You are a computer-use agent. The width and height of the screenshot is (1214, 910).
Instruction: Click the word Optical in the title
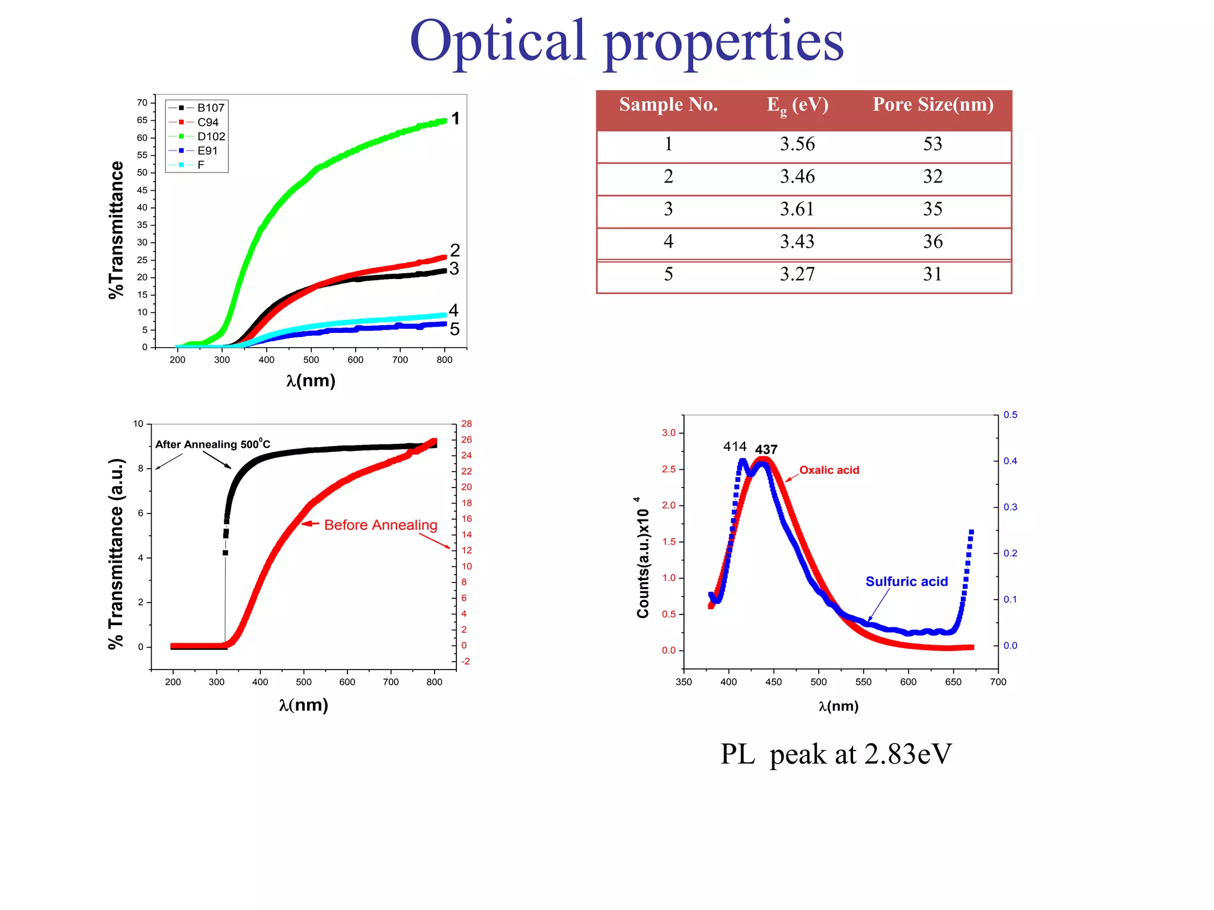click(498, 41)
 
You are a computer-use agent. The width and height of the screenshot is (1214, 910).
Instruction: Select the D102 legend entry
click(210, 136)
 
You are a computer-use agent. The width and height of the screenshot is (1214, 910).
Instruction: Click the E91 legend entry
click(207, 150)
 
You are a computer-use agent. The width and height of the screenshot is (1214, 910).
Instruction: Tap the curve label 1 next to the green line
click(455, 118)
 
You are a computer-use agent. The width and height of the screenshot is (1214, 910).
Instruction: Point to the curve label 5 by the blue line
click(455, 329)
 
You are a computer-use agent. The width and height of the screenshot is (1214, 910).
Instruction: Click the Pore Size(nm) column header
click(933, 105)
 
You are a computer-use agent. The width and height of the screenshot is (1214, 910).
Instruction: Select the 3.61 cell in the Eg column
click(797, 209)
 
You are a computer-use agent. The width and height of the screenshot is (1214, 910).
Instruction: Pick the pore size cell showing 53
click(932, 144)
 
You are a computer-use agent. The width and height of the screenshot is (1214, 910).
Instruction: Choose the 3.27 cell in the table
click(797, 274)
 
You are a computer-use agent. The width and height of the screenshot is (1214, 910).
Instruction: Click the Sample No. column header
click(669, 105)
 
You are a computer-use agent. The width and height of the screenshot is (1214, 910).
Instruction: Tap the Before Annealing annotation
click(381, 525)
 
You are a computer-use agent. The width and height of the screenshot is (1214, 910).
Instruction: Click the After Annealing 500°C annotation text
click(212, 444)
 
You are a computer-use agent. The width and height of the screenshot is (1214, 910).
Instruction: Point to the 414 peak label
click(734, 447)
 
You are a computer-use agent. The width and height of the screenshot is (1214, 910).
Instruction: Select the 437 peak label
click(766, 450)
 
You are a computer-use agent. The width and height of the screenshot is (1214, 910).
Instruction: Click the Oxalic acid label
click(829, 470)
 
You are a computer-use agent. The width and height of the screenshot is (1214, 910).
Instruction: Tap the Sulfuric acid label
click(906, 582)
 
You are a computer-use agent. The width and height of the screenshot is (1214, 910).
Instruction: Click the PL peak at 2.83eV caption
click(836, 754)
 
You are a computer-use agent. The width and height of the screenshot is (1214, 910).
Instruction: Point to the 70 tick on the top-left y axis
click(142, 102)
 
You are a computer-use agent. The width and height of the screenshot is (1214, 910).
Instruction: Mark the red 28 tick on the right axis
click(467, 424)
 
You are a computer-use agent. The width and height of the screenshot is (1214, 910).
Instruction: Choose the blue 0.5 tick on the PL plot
click(1010, 415)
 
